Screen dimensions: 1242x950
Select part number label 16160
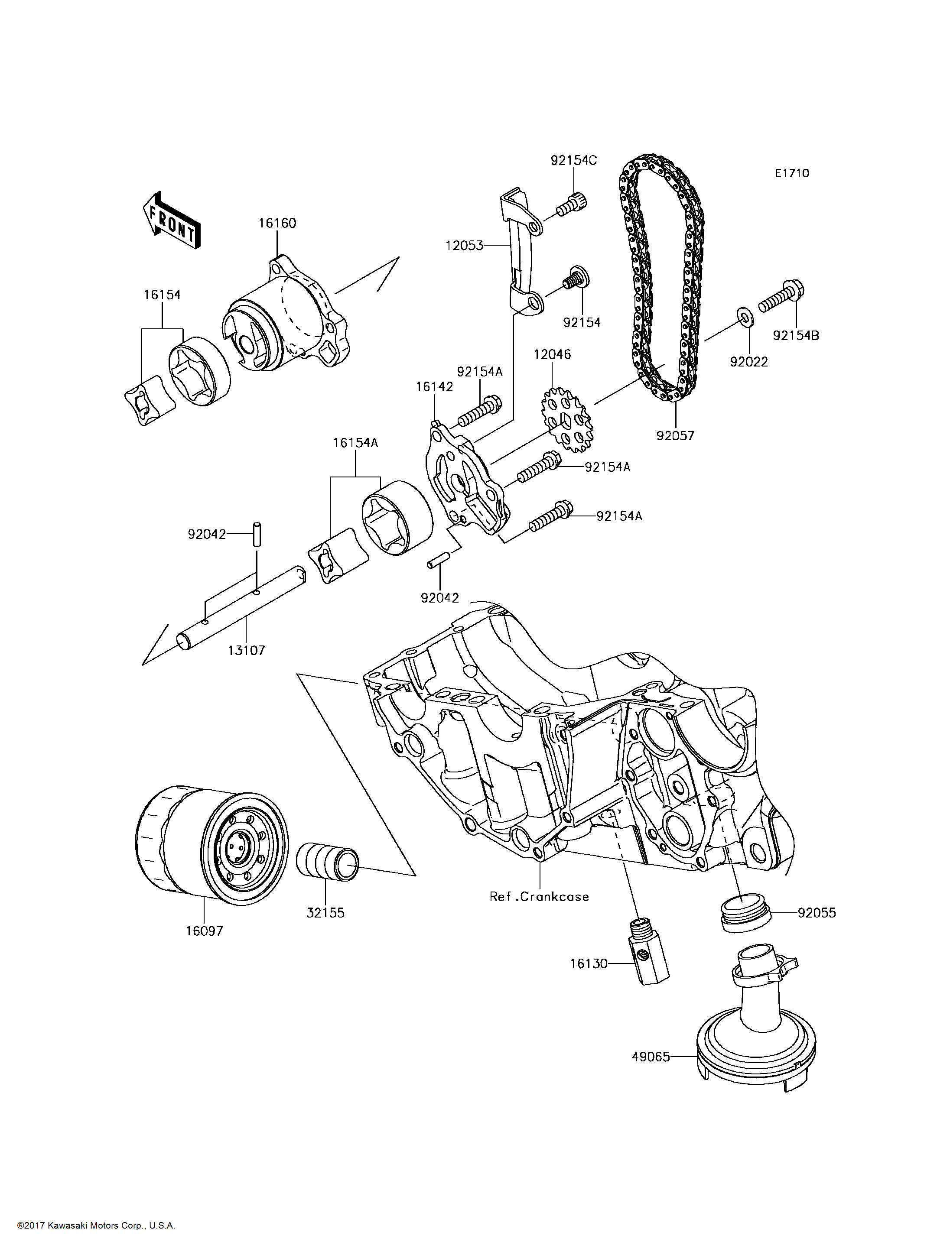tap(277, 223)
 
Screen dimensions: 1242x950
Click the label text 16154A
tap(355, 443)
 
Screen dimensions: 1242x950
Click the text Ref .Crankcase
tap(539, 897)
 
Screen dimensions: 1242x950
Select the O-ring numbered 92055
tap(746, 912)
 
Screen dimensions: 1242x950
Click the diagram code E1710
tap(792, 174)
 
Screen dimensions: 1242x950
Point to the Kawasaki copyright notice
tap(96, 1226)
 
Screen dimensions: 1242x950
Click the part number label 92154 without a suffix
tap(581, 322)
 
